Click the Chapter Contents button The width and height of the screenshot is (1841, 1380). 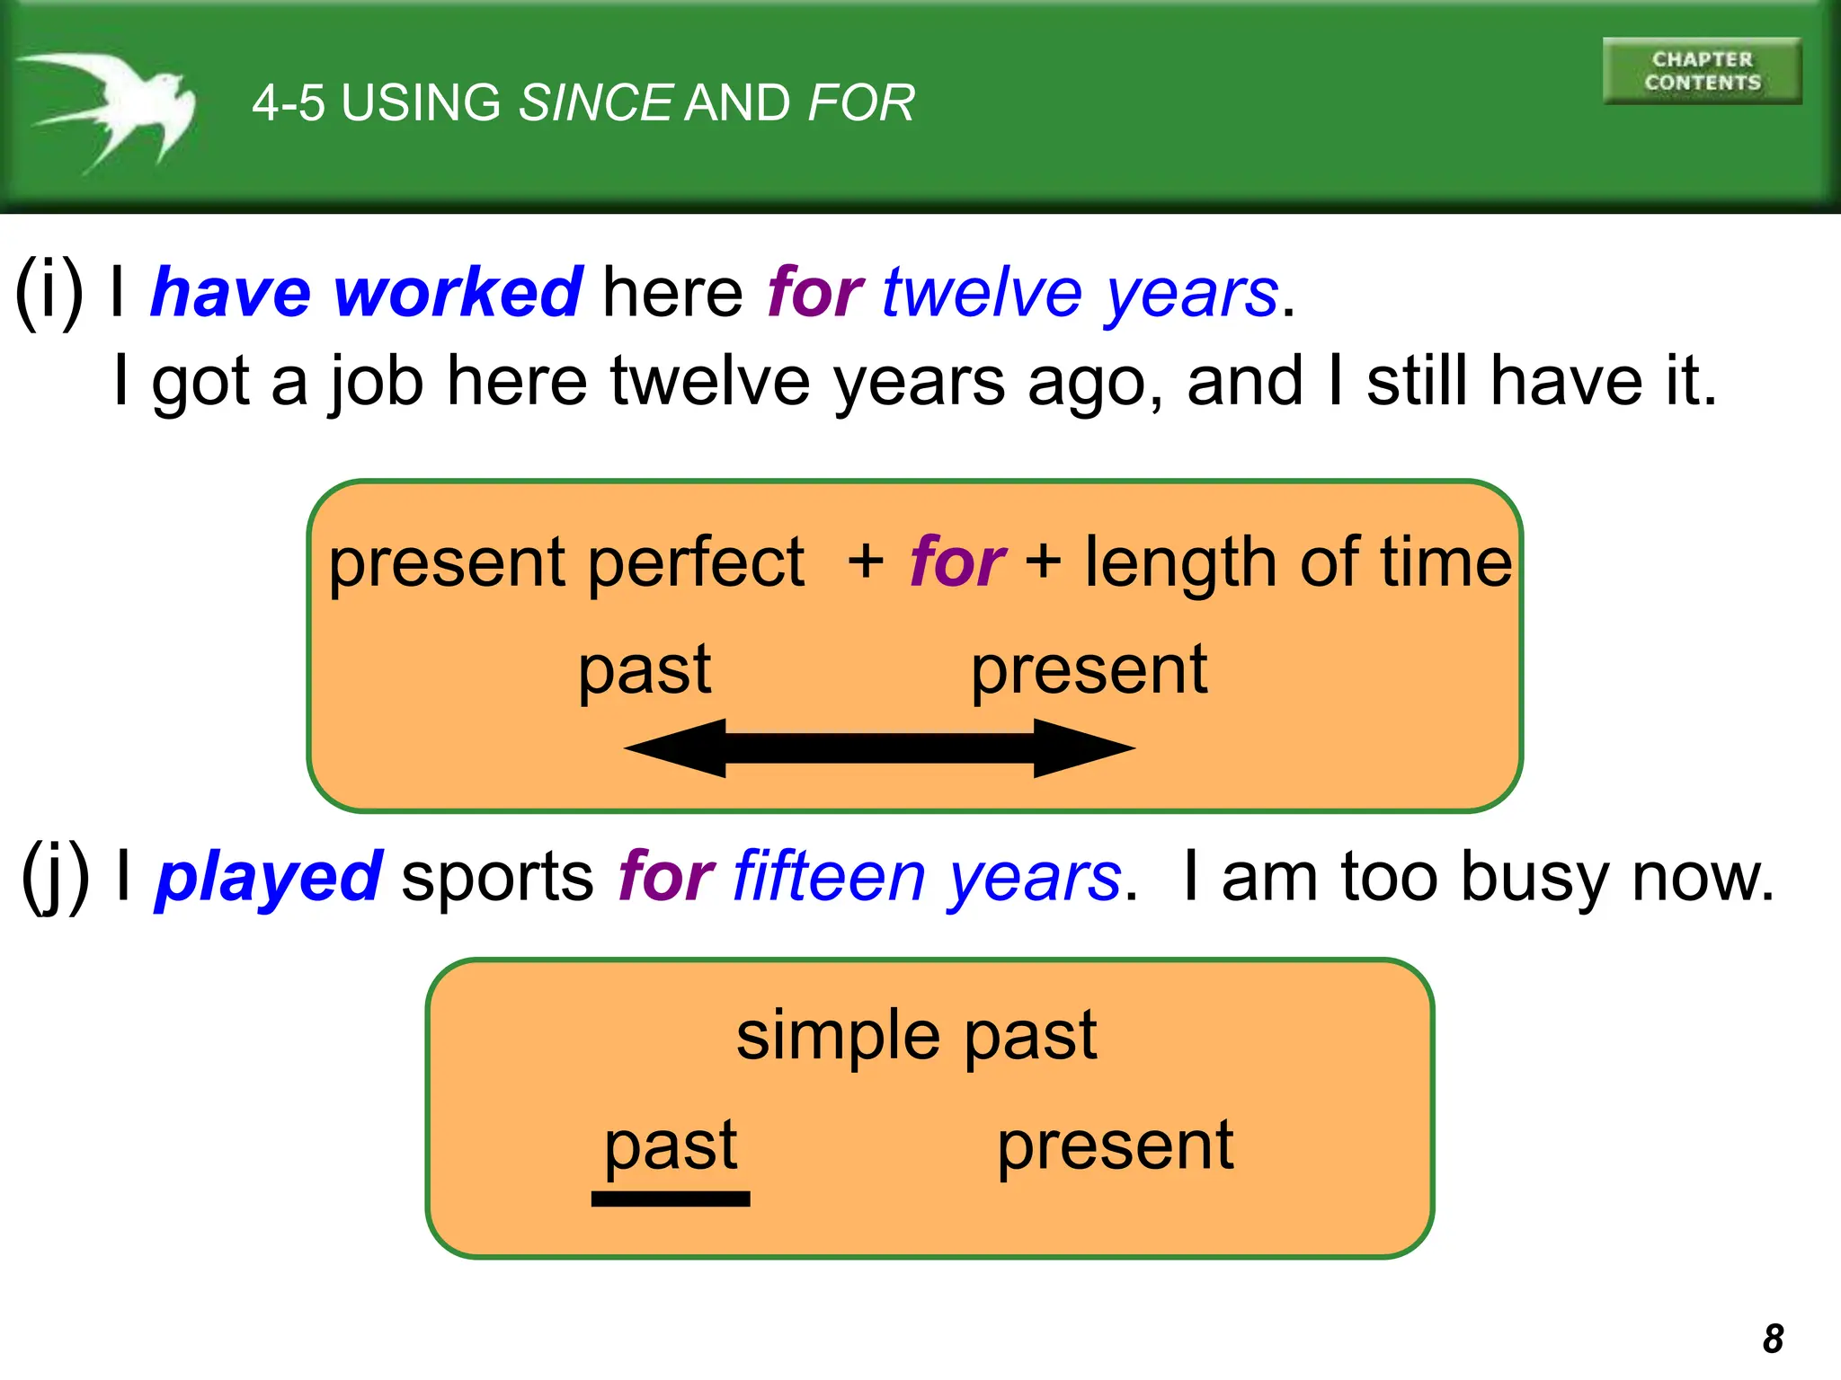(1702, 71)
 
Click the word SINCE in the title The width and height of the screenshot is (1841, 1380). (595, 102)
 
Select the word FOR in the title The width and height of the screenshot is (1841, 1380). (861, 102)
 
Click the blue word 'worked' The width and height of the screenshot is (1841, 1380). (458, 293)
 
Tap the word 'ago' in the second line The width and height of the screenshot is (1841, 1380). (1085, 381)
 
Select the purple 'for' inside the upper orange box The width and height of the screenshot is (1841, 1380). (956, 562)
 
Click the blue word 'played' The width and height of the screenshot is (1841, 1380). (269, 878)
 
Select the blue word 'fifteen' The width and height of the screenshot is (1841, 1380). (829, 877)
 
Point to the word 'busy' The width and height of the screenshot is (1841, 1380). (1534, 878)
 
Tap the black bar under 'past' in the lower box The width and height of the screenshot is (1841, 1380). (671, 1199)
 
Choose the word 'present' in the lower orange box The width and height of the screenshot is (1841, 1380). (1116, 1146)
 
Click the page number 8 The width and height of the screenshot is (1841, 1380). (1773, 1339)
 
